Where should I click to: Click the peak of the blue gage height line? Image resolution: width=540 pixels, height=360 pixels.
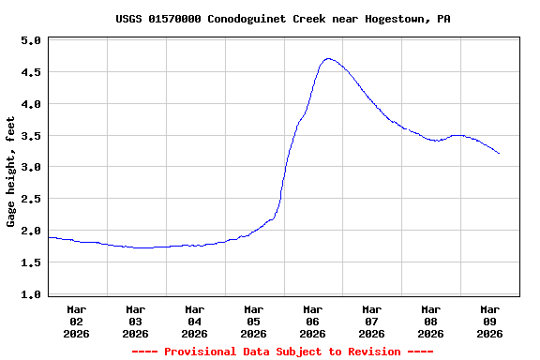328,58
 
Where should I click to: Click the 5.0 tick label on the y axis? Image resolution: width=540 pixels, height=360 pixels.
31,41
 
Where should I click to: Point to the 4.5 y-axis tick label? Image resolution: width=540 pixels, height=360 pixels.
31,72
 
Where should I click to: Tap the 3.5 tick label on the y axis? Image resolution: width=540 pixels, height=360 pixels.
31,136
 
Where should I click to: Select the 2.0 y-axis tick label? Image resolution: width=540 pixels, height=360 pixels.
31,231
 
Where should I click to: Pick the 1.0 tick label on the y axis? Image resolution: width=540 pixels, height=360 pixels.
31,294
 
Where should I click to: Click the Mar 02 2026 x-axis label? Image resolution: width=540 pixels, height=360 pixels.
77,321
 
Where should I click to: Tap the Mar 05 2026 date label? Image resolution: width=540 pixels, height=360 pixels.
254,321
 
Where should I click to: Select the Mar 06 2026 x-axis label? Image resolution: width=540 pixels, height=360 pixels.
313,321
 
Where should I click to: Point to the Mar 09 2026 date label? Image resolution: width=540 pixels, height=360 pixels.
489,321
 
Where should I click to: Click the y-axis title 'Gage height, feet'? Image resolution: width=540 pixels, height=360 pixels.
11,172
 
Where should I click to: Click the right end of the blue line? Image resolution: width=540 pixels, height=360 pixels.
499,153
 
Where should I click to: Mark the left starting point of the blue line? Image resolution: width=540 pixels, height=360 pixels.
49,237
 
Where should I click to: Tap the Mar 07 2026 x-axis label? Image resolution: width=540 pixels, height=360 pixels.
372,321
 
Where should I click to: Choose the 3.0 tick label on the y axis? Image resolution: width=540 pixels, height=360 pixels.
31,167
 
